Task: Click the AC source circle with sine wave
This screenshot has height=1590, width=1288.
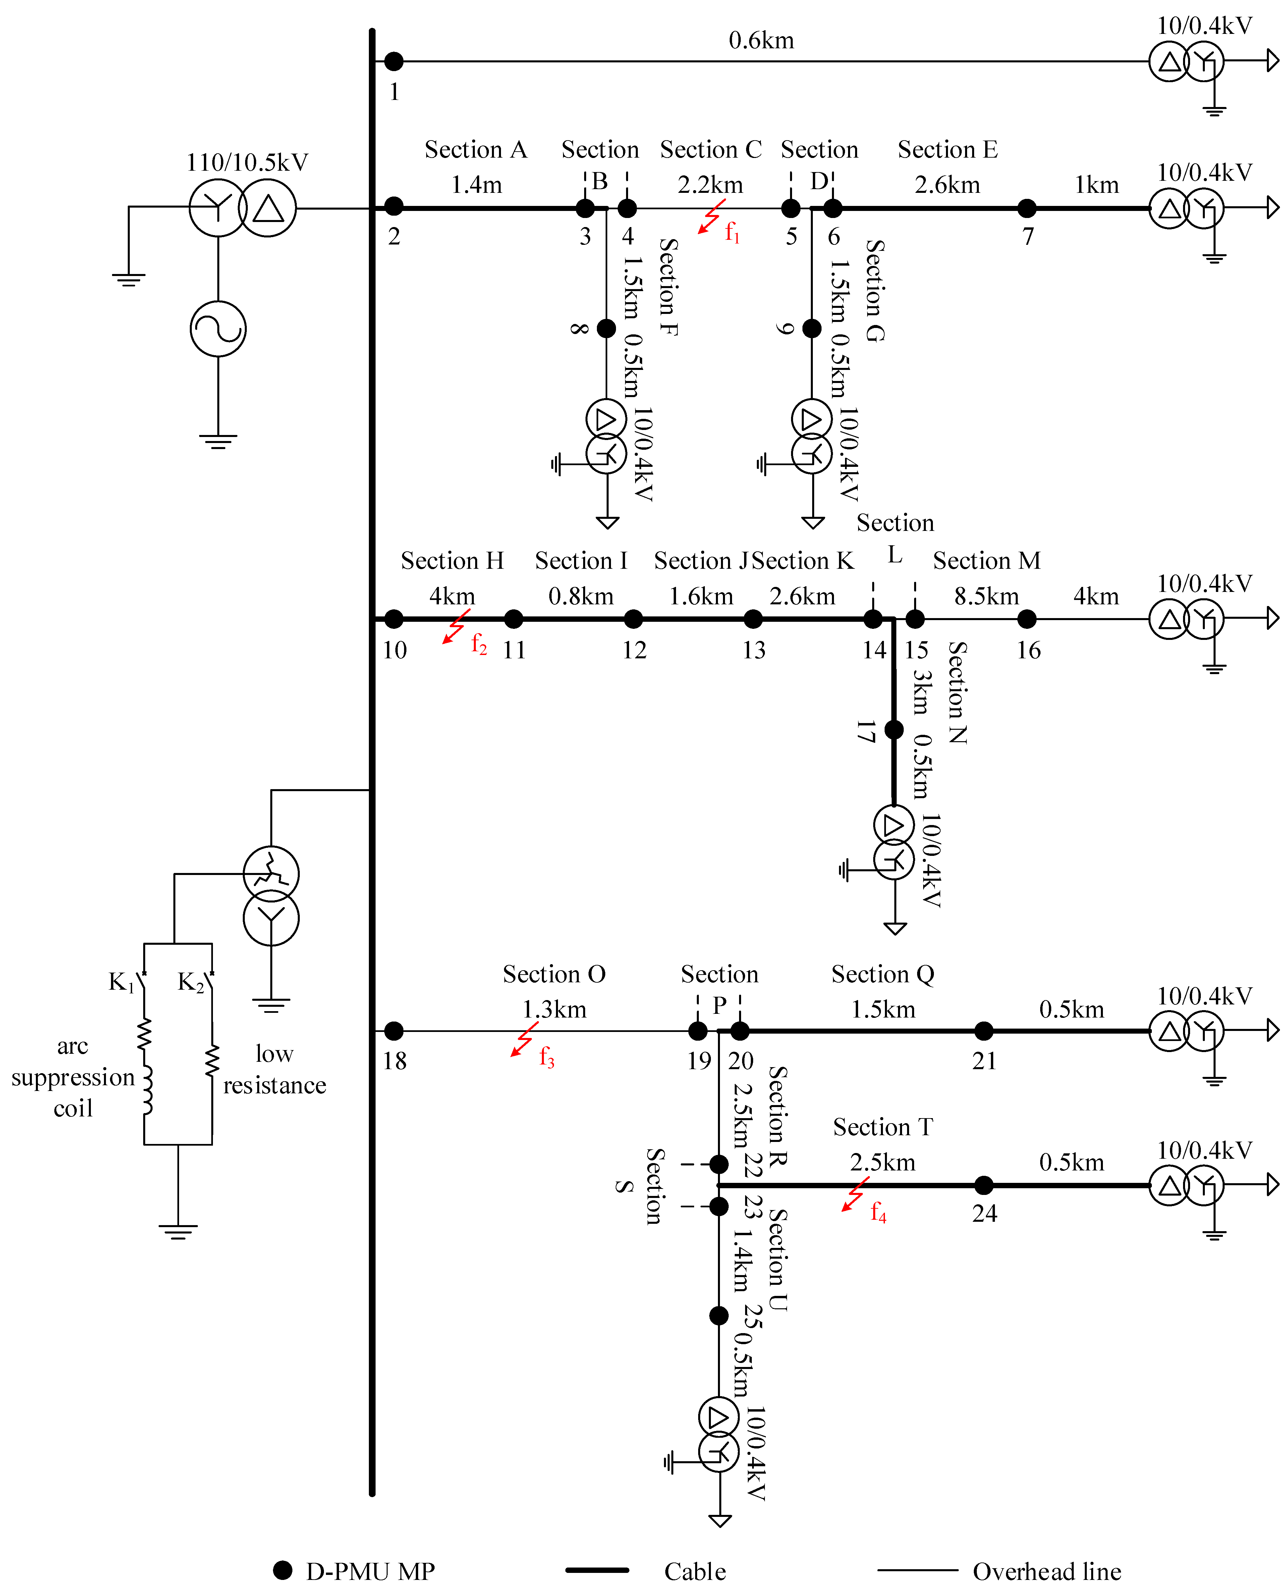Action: [x=218, y=329]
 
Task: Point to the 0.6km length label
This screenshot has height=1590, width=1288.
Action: [x=761, y=40]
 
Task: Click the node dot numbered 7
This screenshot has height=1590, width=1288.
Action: [x=1027, y=209]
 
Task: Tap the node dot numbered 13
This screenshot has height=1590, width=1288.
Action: [x=753, y=619]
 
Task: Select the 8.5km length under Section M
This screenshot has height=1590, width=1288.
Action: [x=986, y=596]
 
